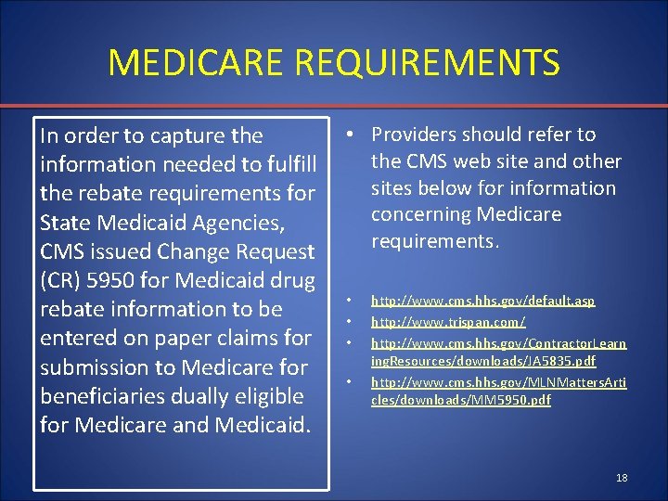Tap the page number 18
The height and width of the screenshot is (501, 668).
[x=621, y=478]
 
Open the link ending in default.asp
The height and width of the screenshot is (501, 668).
[x=482, y=302]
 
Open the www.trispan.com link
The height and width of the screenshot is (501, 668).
[x=448, y=322]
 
